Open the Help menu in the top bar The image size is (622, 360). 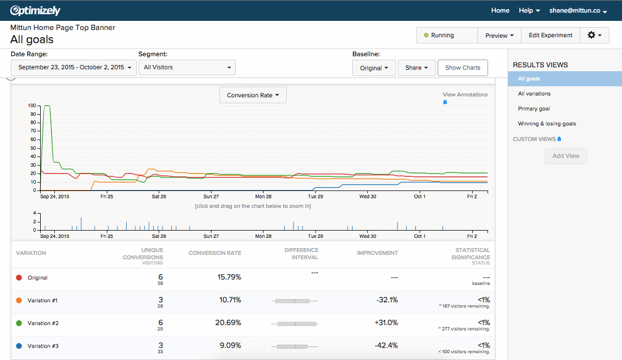coord(529,11)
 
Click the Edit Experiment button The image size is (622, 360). coord(550,35)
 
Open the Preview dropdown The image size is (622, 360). coord(499,35)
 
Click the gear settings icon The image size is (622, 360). coord(594,35)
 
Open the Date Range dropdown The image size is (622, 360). coord(74,67)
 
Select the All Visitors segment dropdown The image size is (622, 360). coord(187,67)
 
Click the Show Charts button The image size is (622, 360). coord(463,68)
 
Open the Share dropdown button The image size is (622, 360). coord(416,68)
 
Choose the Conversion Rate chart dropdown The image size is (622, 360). coord(253,96)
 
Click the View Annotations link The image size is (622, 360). coord(465,94)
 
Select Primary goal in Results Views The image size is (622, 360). coord(534,109)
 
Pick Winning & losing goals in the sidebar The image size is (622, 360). coord(547,124)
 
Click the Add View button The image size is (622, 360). coord(565,156)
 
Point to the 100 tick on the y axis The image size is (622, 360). coord(32,106)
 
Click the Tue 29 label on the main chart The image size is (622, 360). coord(315,197)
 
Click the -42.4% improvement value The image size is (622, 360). coord(386,345)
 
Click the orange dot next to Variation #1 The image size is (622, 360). coord(19,301)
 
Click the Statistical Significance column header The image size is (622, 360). coord(472,253)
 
